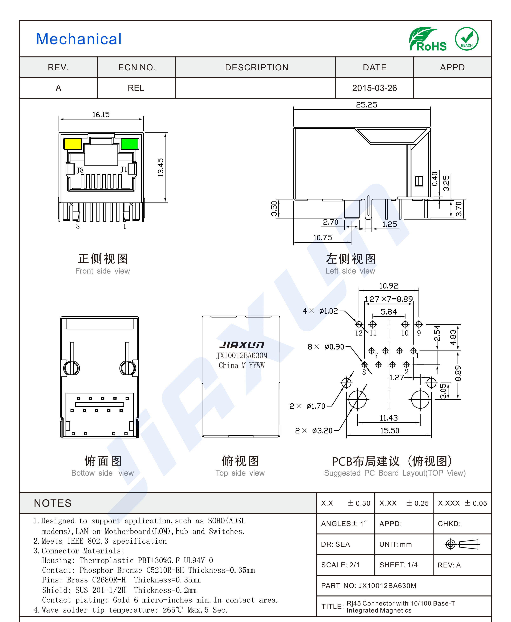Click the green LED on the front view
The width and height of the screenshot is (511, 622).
130,144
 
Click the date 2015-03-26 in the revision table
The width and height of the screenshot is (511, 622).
374,88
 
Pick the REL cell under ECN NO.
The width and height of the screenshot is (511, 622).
136,88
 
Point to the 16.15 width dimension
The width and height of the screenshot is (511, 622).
101,115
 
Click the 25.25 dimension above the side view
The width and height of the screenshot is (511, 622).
367,105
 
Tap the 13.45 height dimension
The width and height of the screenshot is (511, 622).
161,168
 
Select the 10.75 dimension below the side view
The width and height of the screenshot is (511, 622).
322,238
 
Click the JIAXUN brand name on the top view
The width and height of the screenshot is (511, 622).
242,345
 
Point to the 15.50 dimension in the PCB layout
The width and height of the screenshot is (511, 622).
390,431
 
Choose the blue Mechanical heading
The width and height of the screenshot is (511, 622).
79,39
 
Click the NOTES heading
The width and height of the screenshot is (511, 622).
53,503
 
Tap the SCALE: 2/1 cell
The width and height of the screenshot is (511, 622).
340,565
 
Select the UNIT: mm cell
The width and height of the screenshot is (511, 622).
396,544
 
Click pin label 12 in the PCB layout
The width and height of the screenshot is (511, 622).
359,333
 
